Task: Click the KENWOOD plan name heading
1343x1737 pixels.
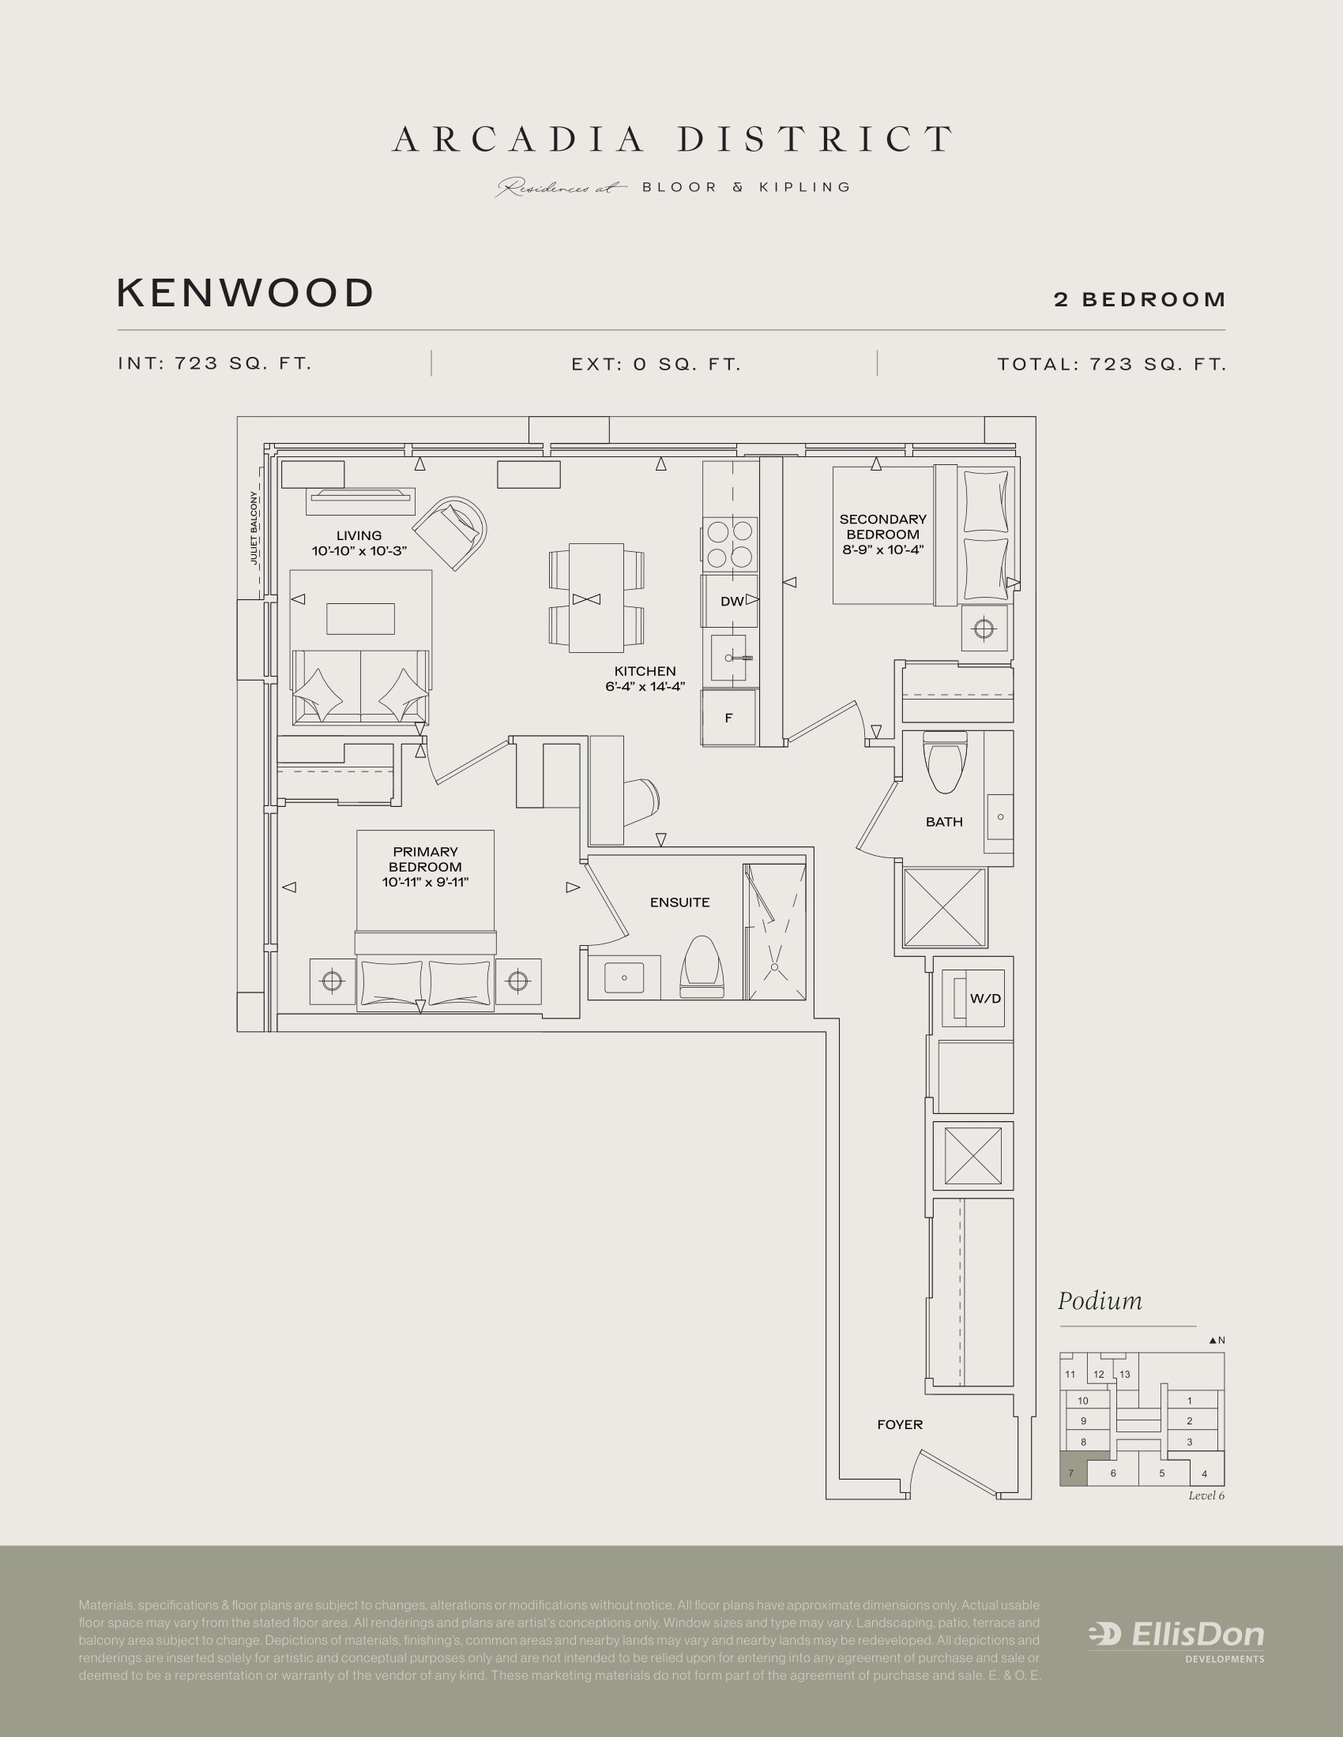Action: click(245, 293)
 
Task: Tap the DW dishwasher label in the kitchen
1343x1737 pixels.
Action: click(732, 602)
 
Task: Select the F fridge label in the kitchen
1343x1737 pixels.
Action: click(728, 718)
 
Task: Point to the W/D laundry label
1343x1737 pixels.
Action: click(985, 998)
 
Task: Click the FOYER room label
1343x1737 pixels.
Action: click(900, 1424)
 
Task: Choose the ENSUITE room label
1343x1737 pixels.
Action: click(679, 902)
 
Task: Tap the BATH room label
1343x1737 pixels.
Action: click(943, 822)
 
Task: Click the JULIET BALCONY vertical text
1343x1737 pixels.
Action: click(254, 528)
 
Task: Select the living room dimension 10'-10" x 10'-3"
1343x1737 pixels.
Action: click(359, 550)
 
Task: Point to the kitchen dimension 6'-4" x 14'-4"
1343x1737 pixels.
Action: click(645, 686)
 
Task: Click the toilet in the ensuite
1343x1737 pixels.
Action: click(702, 967)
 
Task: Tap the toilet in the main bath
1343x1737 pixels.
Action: click(945, 763)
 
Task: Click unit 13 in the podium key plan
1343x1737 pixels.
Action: click(1124, 1375)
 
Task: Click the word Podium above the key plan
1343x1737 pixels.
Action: click(1100, 1302)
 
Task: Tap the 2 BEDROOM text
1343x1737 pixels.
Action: click(1139, 300)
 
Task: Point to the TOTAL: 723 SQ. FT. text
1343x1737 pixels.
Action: click(1112, 364)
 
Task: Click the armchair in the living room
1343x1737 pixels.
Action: click(450, 531)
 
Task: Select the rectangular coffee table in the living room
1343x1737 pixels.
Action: click(360, 619)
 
